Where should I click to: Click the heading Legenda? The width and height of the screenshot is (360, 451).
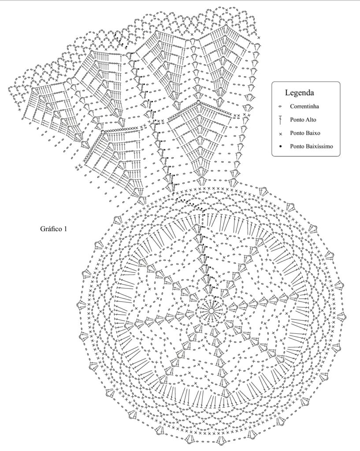point(299,92)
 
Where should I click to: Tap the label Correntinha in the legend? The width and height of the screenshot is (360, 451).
point(304,106)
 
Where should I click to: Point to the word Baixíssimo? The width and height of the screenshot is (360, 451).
point(319,146)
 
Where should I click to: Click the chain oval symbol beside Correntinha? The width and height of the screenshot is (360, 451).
point(280,107)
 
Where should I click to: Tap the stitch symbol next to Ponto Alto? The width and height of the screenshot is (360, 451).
point(280,120)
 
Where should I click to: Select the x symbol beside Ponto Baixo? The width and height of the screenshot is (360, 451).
point(280,133)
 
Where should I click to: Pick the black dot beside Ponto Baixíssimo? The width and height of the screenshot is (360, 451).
point(280,146)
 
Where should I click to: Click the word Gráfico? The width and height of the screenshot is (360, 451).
point(51,229)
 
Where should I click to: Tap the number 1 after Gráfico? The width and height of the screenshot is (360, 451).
point(66,229)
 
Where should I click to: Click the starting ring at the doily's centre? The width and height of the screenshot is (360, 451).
point(211,311)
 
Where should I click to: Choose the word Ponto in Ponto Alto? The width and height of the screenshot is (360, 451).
point(297,119)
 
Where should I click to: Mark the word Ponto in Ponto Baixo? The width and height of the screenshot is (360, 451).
point(297,133)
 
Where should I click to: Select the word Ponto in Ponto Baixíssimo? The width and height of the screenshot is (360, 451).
point(297,146)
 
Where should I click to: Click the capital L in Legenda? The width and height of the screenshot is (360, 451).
point(287,92)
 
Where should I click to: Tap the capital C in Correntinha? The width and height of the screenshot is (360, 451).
point(292,106)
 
